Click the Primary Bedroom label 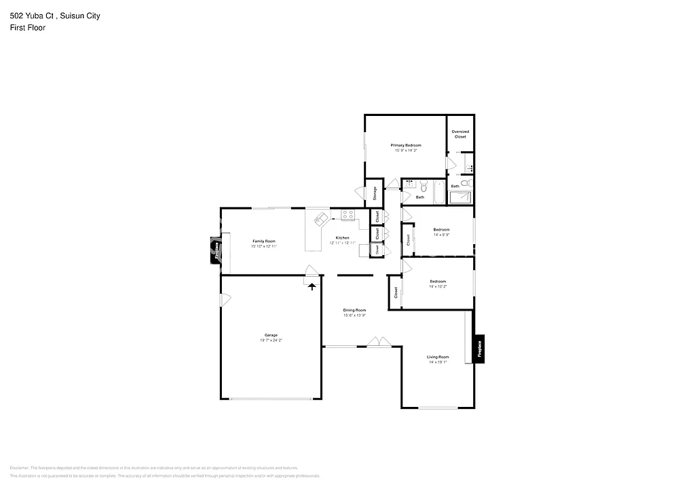405,145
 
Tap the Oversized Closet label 460,134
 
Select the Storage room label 375,194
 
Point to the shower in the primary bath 461,197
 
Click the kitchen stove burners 348,215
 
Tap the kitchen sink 321,218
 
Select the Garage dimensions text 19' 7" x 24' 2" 271,340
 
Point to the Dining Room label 354,310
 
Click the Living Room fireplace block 479,349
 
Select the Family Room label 264,241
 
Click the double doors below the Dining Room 377,342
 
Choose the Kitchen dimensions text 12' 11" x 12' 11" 343,243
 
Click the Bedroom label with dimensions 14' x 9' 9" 441,230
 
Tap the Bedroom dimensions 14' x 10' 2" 438,287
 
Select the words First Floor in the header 28,28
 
